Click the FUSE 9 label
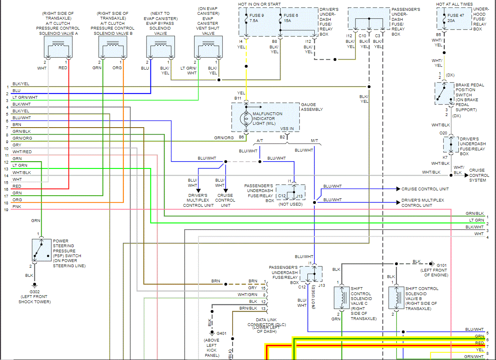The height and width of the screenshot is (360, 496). coord(257,16)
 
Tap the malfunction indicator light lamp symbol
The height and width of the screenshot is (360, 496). coord(246,119)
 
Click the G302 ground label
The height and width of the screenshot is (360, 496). coord(34,292)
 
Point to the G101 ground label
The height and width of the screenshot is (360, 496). coord(442,265)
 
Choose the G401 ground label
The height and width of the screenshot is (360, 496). coord(221,333)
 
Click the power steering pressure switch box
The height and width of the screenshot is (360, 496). coord(42,250)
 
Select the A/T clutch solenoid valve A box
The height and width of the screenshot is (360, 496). coord(58,47)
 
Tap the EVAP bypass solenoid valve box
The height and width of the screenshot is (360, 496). coord(161,47)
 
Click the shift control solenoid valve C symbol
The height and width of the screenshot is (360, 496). coord(341,298)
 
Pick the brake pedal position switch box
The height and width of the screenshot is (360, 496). coord(444,94)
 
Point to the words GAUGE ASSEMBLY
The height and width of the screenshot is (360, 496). coord(312,107)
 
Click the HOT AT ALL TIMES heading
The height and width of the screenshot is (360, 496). coord(454,4)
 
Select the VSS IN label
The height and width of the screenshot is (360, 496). coord(287,128)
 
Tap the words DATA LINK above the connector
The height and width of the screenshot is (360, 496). coord(266,320)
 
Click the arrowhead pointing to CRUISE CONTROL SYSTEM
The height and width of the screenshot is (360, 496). coord(466,175)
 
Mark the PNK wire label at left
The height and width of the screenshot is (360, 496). coord(17,207)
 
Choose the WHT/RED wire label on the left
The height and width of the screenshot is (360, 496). coord(22,152)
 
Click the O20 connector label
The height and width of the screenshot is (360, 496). coord(443,133)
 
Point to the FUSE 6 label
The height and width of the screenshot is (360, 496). coord(291,16)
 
